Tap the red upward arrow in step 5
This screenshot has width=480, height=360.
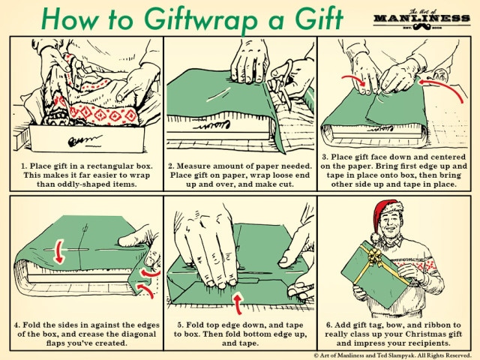[x=238, y=301]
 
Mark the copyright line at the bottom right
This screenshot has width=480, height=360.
[x=394, y=353]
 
